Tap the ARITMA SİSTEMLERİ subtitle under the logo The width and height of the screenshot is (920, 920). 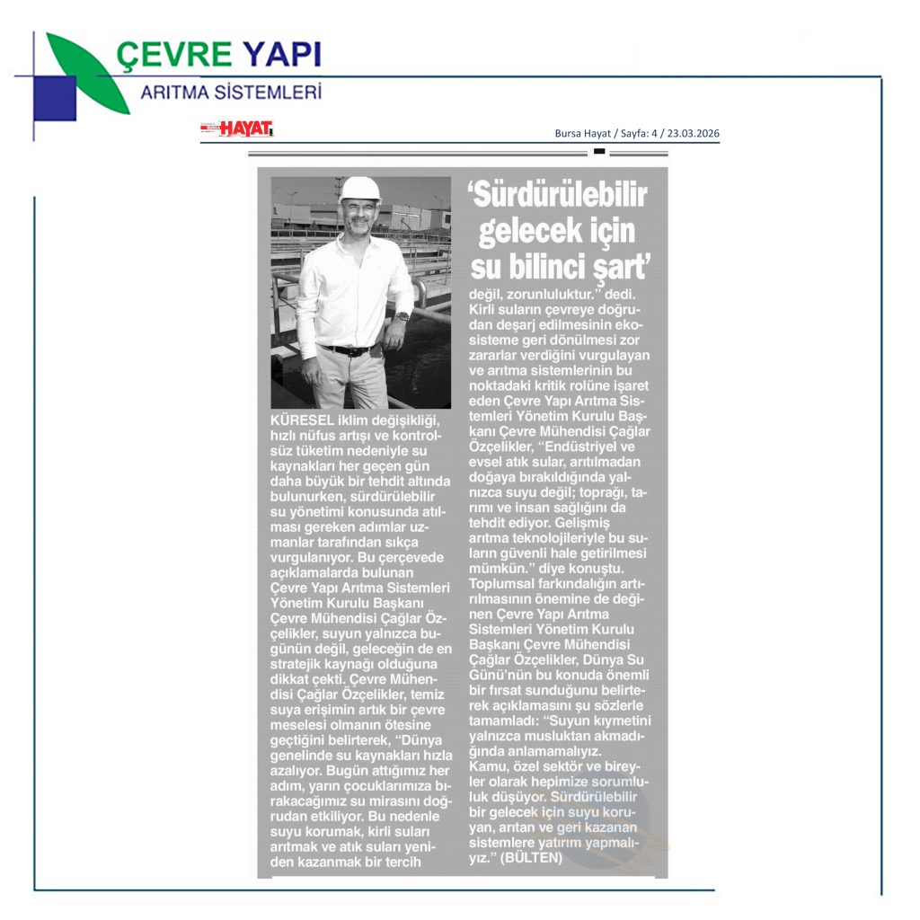(230, 92)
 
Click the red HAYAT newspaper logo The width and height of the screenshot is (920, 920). (244, 129)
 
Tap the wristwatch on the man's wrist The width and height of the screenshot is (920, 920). (401, 316)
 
